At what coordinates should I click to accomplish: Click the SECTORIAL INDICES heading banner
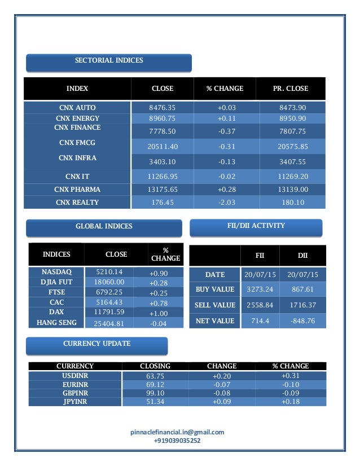(109, 61)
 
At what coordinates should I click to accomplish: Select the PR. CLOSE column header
(290, 89)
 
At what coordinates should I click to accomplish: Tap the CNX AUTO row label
(77, 107)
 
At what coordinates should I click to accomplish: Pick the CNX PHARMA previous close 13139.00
(293, 189)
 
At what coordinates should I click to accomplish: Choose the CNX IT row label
(77, 176)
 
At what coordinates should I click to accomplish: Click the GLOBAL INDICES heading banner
(104, 227)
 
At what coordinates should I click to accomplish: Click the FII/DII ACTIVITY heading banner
(256, 226)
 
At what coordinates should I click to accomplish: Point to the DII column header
(302, 256)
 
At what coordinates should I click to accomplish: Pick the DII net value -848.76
(303, 321)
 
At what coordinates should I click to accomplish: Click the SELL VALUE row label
(215, 305)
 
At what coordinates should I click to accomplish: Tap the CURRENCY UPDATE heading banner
(97, 344)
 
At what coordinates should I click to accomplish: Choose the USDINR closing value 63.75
(155, 375)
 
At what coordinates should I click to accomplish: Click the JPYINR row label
(75, 402)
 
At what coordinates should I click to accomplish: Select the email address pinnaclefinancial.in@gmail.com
(177, 432)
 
